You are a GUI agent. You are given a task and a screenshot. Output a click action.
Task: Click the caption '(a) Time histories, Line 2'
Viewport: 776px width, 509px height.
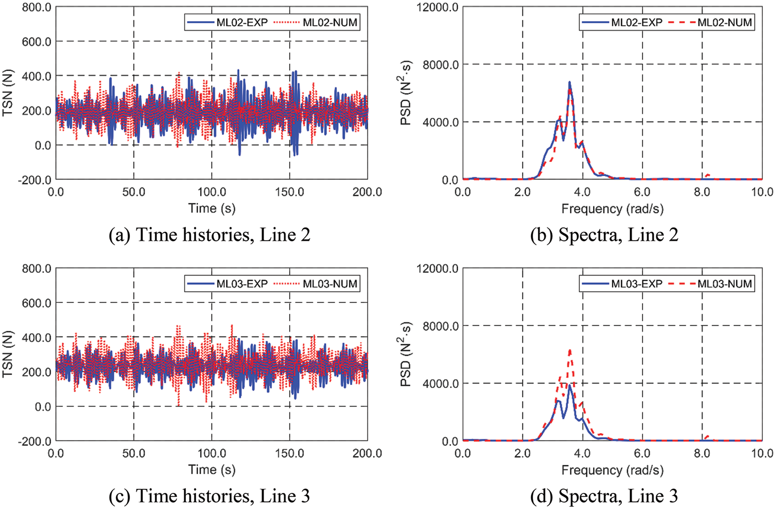209,235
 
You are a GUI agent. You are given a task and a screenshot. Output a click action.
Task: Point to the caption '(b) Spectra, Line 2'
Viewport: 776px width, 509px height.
604,235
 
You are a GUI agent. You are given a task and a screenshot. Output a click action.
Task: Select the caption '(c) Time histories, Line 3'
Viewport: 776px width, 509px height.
209,496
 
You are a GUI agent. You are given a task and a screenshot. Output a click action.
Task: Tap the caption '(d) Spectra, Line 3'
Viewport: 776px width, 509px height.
604,496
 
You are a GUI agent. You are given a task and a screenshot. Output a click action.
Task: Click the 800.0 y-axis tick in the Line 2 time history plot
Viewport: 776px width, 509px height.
37,7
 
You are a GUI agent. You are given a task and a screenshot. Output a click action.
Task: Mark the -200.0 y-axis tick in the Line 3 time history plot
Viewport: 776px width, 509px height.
35,441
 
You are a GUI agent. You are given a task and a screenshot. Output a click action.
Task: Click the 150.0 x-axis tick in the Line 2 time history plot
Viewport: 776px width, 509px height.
290,192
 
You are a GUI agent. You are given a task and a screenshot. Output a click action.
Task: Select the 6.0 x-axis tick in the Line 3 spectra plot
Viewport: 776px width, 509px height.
642,453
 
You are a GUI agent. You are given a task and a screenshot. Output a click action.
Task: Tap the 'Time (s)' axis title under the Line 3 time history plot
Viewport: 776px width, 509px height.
212,469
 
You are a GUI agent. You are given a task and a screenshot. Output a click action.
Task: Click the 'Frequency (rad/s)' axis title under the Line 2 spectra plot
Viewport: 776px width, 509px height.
612,208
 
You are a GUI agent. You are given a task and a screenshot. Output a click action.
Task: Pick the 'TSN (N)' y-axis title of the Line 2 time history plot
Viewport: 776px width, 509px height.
7,93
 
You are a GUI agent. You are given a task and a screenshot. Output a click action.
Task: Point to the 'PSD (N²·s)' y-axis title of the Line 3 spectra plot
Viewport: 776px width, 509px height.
407,354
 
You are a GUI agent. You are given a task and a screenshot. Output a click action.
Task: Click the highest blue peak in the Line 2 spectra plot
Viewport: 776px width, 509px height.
570,82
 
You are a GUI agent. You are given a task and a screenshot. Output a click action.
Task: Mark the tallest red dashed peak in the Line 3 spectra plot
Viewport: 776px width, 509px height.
570,350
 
